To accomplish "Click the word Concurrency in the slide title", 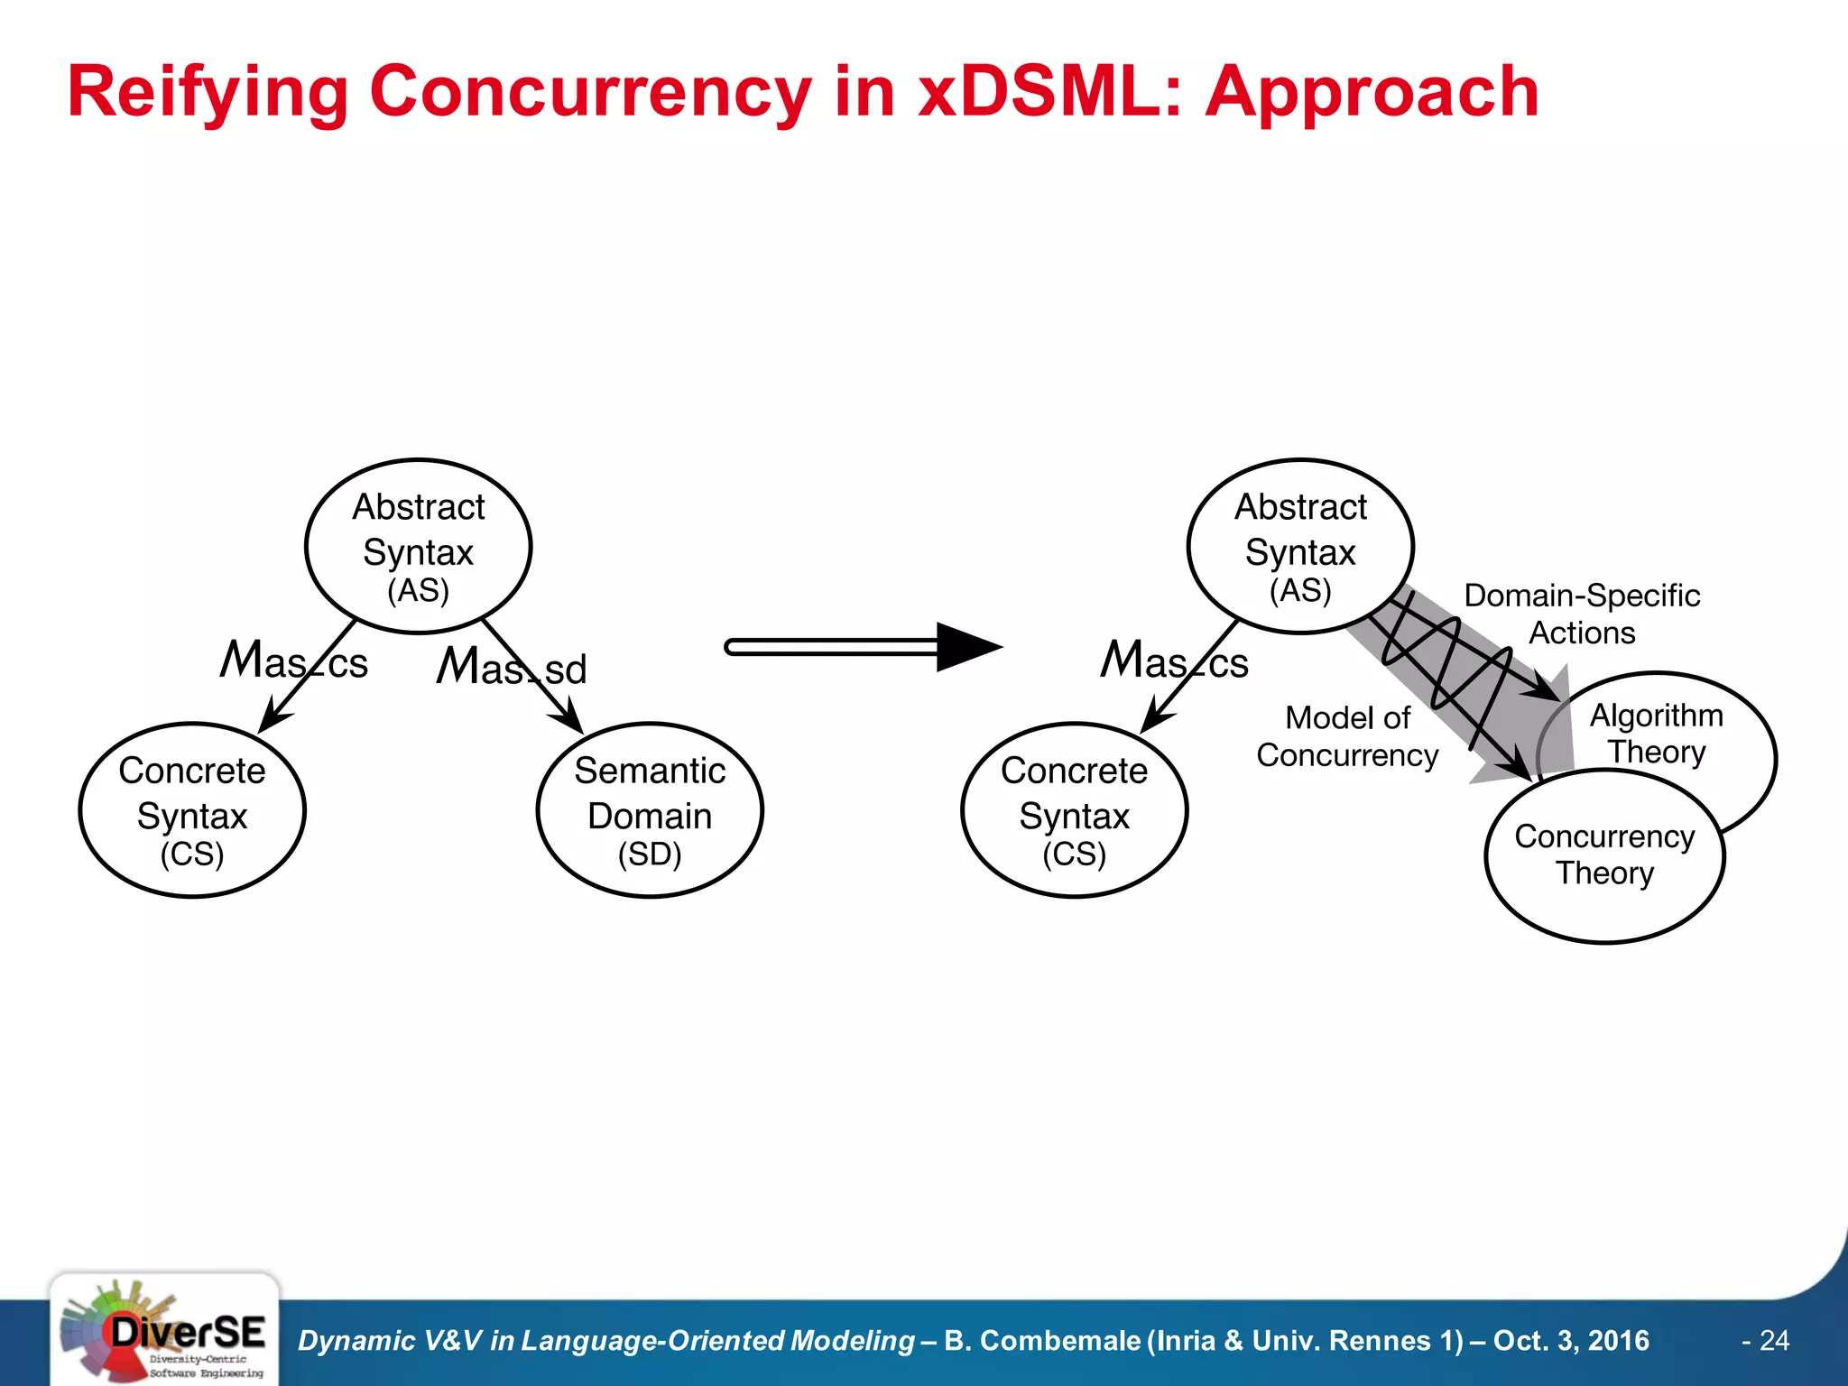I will coord(590,92).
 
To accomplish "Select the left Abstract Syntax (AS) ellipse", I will coord(418,547).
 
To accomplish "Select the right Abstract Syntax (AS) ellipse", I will coord(1299,547).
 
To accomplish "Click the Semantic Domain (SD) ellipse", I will coord(650,810).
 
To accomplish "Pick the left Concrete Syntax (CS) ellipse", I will coord(192,810).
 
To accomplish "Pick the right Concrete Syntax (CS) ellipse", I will coord(1074,810).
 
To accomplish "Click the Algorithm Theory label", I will coord(1656,733).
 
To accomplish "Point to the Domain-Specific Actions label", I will coord(1582,614).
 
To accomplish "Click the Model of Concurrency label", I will coord(1347,736).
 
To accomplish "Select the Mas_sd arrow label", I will coord(512,667).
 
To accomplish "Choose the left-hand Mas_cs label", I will coord(294,661).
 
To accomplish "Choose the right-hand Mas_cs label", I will coord(1175,661).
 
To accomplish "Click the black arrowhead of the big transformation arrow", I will coord(966,647).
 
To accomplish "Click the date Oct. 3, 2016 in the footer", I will coord(1571,1341).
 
